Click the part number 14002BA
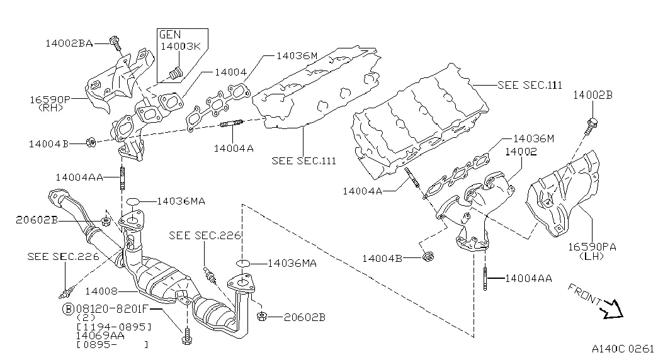click(69, 43)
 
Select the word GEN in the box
click(169, 35)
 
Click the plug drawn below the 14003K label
click(176, 74)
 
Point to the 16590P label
click(48, 99)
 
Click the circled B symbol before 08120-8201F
click(67, 309)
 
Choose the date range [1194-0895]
click(113, 327)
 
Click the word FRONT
click(584, 295)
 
